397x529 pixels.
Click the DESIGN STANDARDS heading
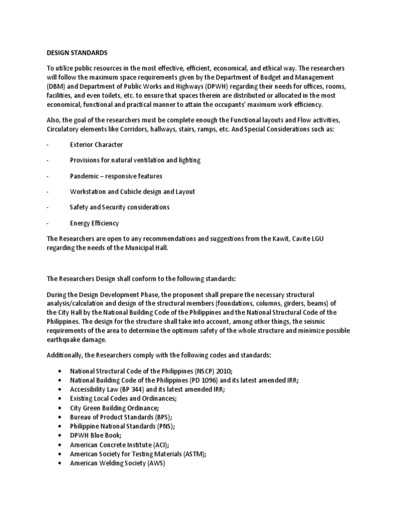[77, 52]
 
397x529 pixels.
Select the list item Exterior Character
[96, 145]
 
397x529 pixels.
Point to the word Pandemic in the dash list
[84, 176]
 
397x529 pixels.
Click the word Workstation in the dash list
[88, 192]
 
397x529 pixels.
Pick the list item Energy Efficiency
[94, 223]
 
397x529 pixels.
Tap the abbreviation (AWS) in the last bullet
[155, 463]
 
